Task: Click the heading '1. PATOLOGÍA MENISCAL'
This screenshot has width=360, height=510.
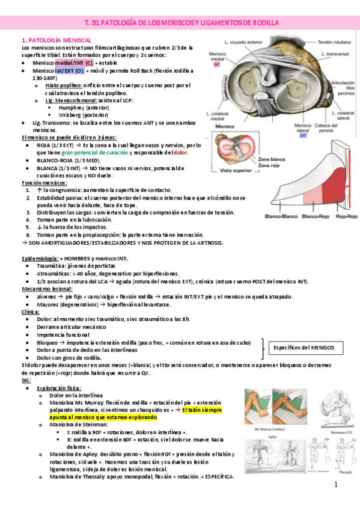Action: click(56, 40)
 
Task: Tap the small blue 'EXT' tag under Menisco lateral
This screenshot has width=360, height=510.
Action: click(303, 135)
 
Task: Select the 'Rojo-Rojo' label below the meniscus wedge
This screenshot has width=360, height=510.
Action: click(346, 216)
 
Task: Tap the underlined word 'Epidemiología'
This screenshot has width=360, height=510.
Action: click(40, 258)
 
